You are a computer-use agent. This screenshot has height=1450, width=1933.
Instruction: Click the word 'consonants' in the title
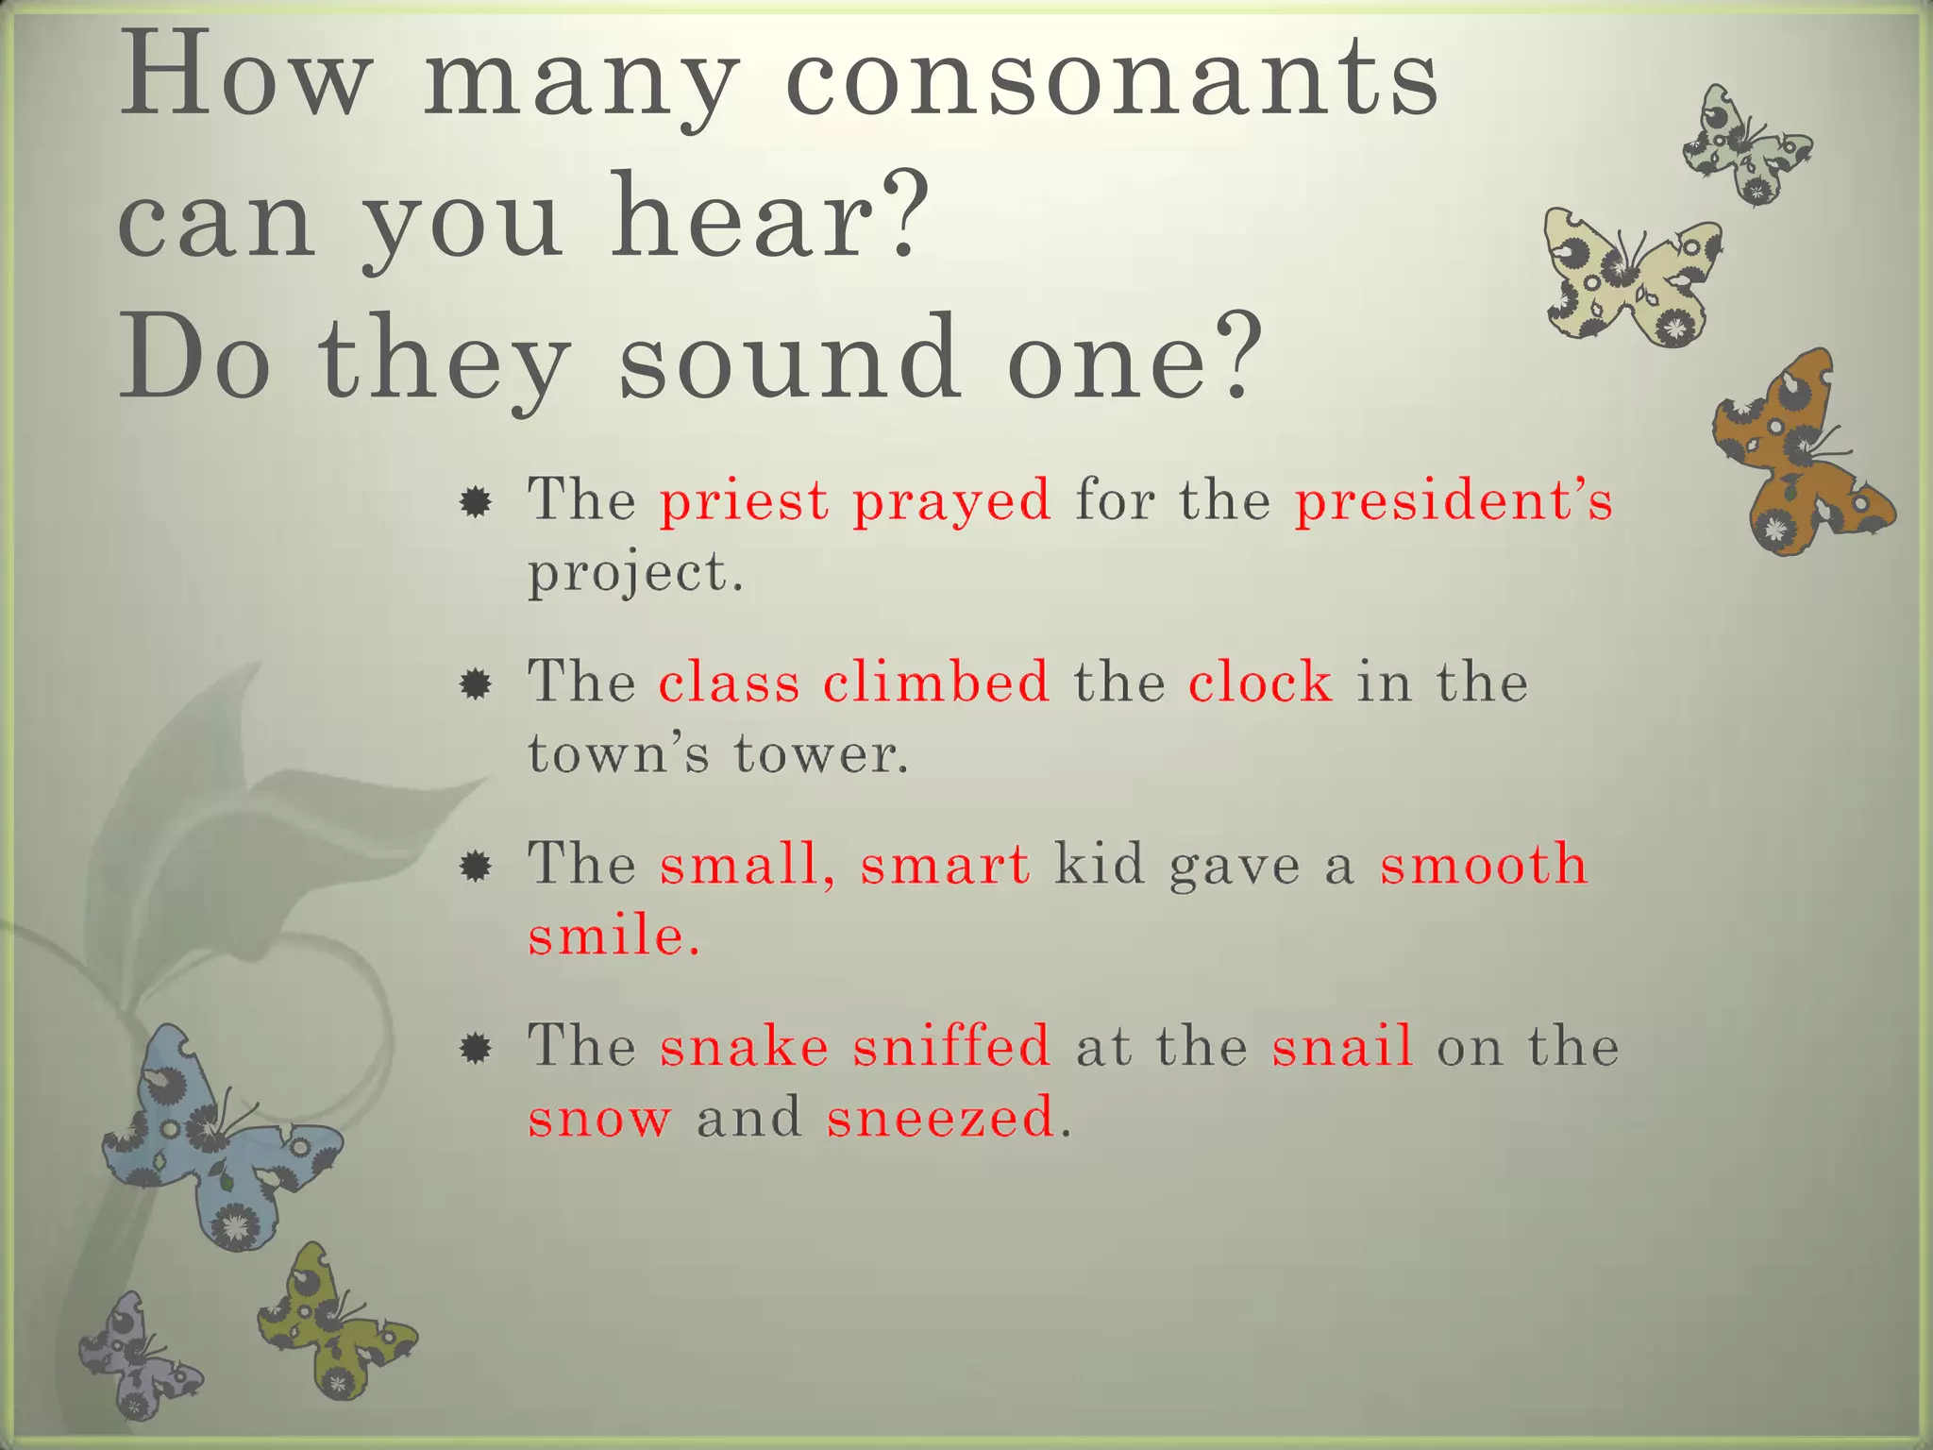point(1112,77)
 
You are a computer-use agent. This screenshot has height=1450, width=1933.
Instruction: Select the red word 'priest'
point(744,499)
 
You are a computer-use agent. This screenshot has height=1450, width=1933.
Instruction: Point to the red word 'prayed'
point(951,501)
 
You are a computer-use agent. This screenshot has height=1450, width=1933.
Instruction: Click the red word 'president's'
point(1454,499)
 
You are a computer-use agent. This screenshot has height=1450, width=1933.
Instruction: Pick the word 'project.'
point(635,572)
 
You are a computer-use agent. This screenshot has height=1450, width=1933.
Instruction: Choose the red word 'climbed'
point(935,681)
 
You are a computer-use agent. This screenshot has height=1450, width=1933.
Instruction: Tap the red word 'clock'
point(1260,681)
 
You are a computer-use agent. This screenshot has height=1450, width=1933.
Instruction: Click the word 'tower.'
point(821,753)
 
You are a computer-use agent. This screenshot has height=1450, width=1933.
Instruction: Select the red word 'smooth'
point(1484,863)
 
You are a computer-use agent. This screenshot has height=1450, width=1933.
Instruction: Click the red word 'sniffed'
point(951,1045)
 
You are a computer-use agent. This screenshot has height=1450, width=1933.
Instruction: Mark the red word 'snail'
point(1342,1045)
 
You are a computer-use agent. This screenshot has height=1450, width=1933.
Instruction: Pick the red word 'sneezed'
point(940,1118)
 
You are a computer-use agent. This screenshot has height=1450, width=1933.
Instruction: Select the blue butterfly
point(217,1142)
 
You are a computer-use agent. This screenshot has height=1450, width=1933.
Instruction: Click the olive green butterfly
point(330,1322)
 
